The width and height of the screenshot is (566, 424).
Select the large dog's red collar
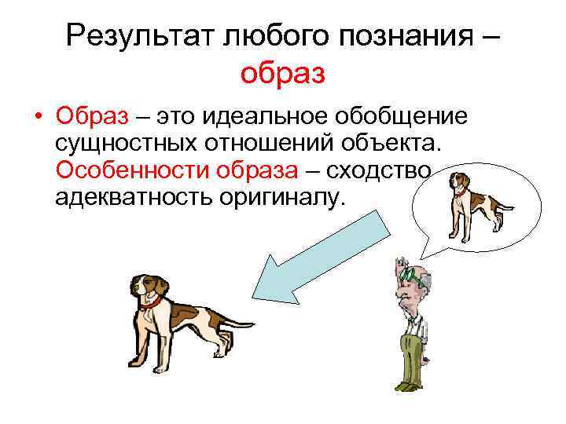point(156,300)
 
